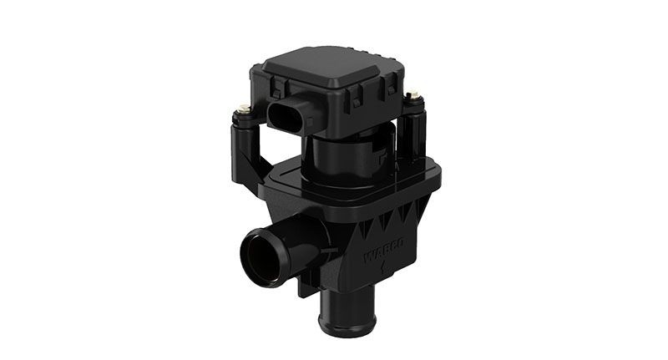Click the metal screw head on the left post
coord(243,108)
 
